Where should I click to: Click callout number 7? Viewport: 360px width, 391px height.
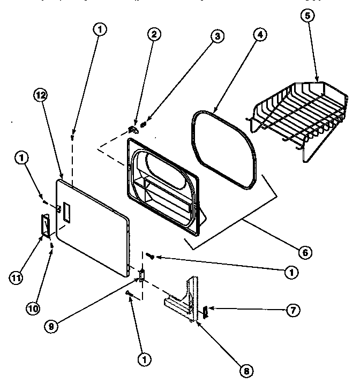[x=292, y=309]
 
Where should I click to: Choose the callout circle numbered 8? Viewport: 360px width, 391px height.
[x=246, y=370]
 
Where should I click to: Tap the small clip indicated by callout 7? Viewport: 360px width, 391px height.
[x=205, y=311]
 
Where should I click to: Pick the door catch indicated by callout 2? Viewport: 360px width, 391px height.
[x=134, y=128]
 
